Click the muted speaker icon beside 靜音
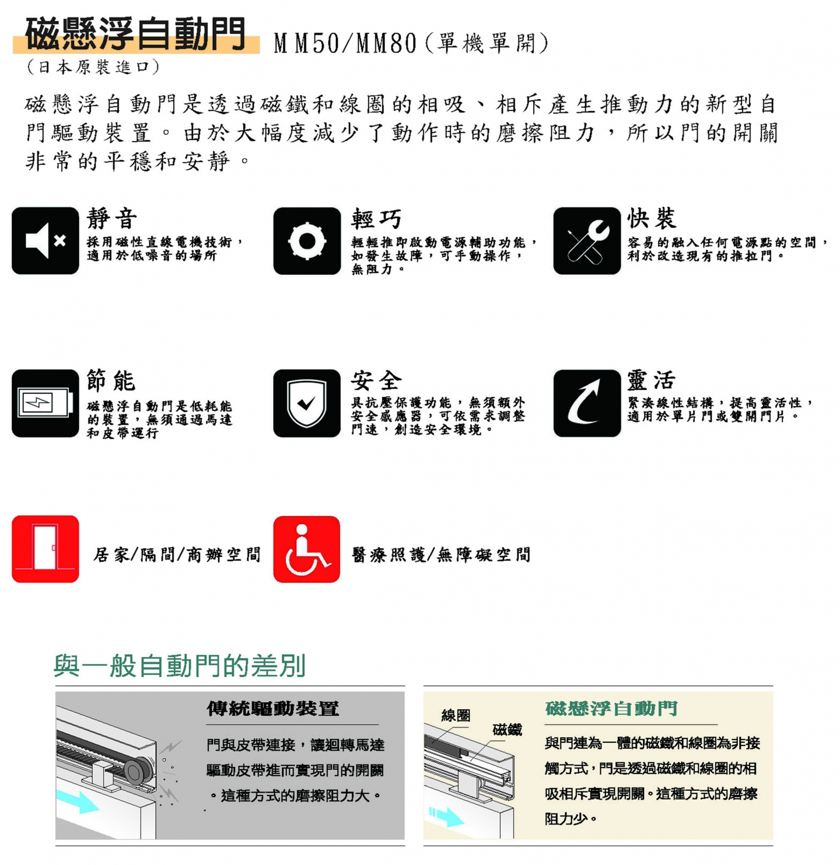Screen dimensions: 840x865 (45, 240)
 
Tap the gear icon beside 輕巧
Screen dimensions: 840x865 (307, 240)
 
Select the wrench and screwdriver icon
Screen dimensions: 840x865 (587, 240)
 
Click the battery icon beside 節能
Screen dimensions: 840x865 (45, 403)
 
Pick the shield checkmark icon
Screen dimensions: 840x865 (307, 403)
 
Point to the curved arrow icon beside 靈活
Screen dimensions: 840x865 (587, 403)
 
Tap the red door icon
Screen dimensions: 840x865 (45, 549)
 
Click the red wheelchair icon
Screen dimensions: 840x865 (307, 549)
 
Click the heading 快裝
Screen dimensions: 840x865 (652, 218)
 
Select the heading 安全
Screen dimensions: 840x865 (376, 381)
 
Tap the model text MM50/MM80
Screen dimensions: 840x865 (345, 44)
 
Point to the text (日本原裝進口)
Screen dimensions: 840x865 (93, 67)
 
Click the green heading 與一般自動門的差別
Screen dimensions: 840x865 (180, 666)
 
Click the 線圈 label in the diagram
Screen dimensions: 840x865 (456, 715)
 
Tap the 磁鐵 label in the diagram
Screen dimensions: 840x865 (508, 730)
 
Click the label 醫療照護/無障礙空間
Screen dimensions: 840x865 (441, 554)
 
